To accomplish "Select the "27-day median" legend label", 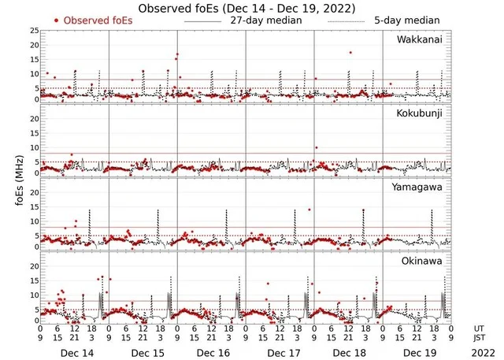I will (x=267, y=20).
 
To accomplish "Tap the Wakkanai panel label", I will (x=418, y=39).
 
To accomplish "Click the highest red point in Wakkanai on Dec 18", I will (x=350, y=53).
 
